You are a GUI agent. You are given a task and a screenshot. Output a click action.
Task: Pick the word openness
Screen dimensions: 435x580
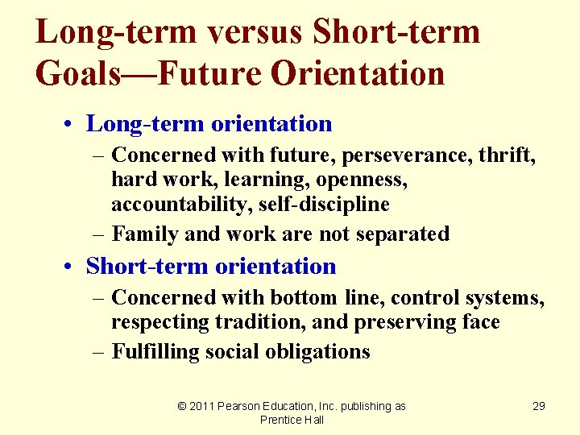(359, 179)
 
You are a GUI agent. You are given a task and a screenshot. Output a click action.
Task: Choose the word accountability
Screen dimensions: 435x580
(182, 205)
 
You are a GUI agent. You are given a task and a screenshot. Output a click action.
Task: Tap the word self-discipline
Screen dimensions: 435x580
(324, 205)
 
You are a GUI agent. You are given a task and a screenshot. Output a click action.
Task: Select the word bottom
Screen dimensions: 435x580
(303, 297)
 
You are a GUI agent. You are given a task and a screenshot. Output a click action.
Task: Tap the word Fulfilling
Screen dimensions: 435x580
(157, 351)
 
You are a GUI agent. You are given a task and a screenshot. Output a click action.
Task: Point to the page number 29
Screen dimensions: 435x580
(539, 406)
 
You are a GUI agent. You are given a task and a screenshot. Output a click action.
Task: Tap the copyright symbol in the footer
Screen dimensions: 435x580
(182, 406)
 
